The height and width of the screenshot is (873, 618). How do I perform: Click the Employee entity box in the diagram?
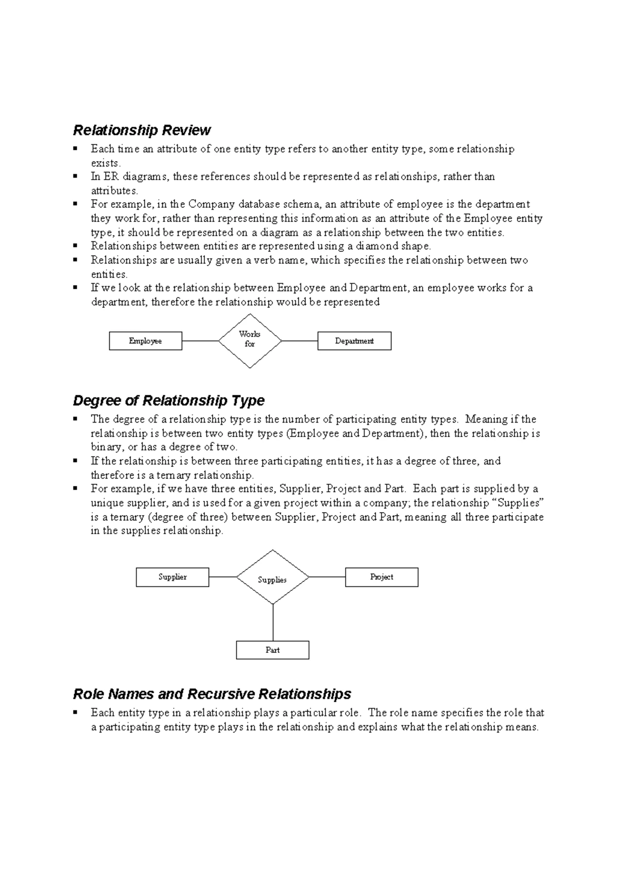145,341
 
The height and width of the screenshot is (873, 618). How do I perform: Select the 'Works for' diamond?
250,340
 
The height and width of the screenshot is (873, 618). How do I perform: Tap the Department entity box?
354,341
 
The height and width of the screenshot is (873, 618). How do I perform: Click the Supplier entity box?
173,577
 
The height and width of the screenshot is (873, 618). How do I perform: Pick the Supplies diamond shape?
272,578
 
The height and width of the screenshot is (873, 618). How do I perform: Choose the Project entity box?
382,577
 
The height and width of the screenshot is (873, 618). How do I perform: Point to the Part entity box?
272,650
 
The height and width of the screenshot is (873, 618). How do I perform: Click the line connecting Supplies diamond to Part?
273,622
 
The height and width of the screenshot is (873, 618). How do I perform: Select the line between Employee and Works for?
200,341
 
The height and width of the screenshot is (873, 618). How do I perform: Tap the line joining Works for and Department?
300,341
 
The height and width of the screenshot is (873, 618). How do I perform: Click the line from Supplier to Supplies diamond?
222,577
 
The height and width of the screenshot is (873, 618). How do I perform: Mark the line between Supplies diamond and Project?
327,577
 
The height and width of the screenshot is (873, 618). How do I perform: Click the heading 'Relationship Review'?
142,130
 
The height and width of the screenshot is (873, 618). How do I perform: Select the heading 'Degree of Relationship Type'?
168,400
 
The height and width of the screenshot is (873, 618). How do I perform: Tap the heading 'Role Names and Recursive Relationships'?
212,694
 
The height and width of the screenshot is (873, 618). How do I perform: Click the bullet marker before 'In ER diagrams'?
76,176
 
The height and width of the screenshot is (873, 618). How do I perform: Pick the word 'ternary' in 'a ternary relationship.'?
174,475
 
